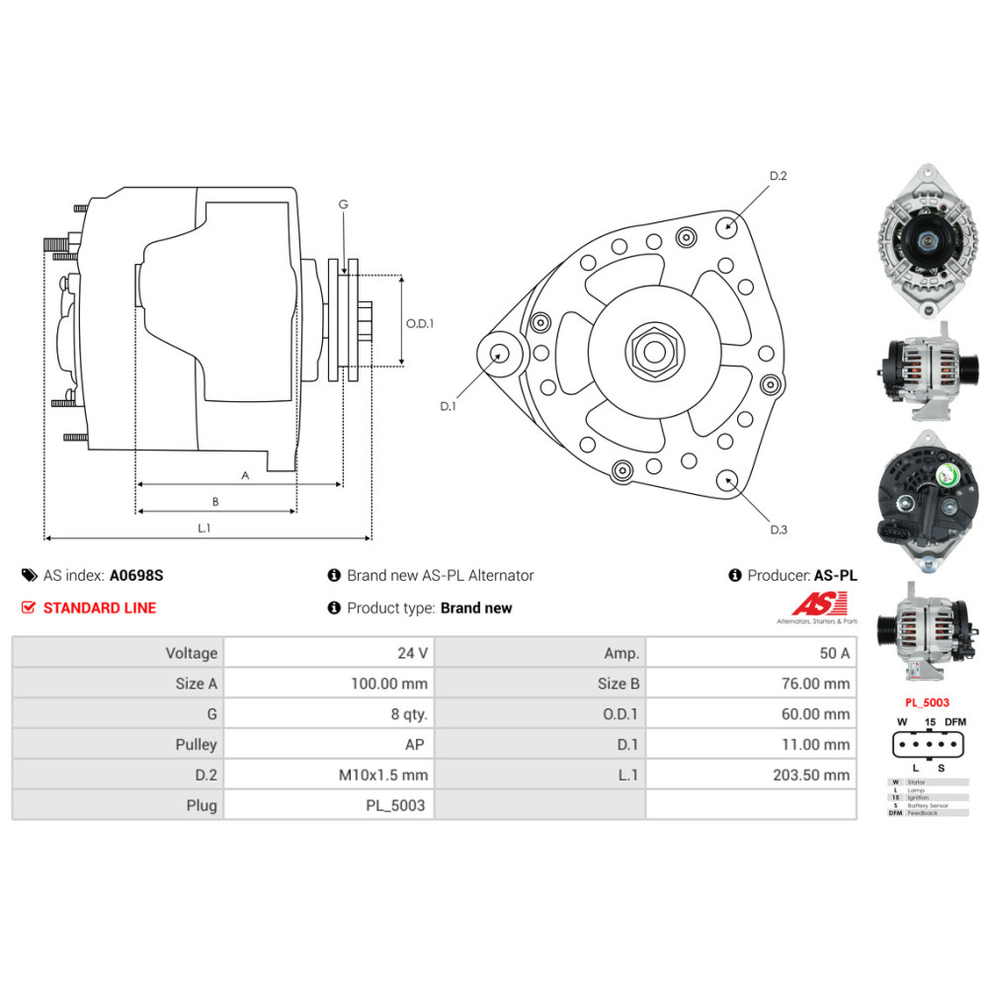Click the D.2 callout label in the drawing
coord(778,176)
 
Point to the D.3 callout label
coord(779,530)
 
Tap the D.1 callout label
coord(448,406)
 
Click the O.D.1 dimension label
coord(420,322)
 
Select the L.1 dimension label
coord(204,529)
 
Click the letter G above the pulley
coord(343,205)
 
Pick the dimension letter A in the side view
coord(245,475)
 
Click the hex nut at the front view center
coord(651,352)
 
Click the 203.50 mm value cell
coord(811,776)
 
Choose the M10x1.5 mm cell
coord(382,776)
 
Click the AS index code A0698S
coord(136,575)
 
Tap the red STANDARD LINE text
coord(99,608)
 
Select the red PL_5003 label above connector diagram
coord(927,702)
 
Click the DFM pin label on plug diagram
coord(954,722)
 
